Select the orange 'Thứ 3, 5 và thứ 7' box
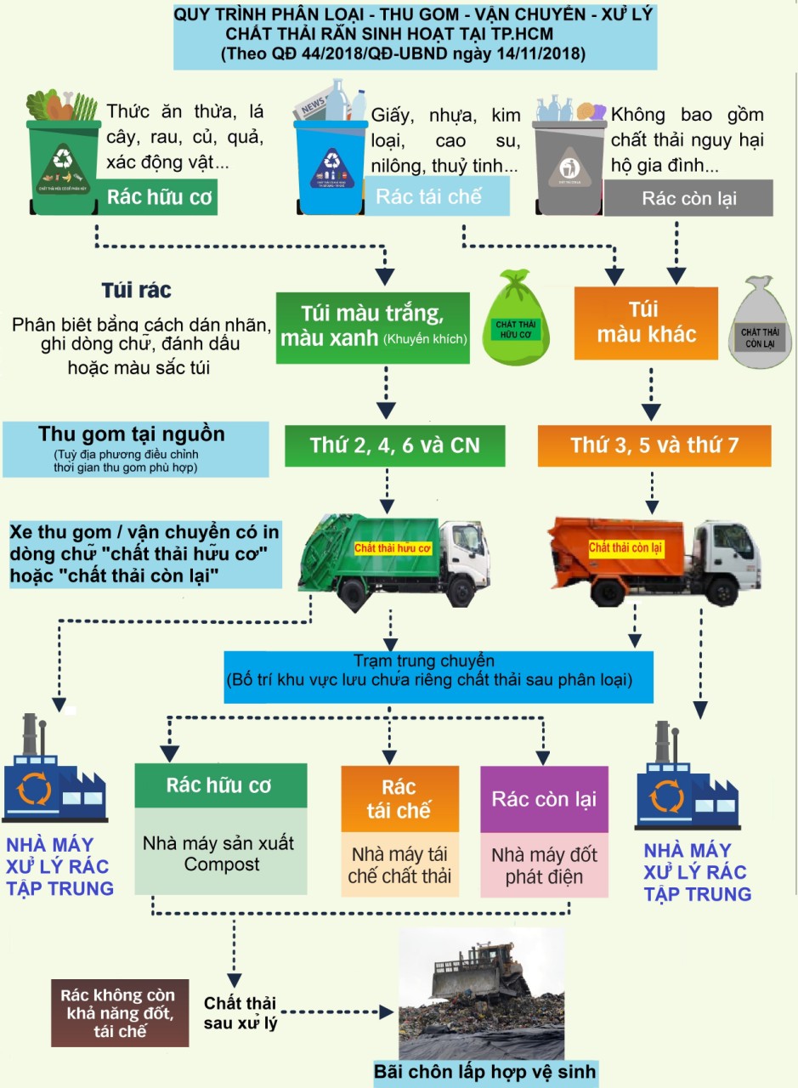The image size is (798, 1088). pos(654,445)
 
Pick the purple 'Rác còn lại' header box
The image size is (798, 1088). pos(544,800)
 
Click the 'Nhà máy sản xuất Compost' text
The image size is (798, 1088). pos(220,853)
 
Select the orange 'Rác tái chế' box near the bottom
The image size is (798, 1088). pos(399,798)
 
